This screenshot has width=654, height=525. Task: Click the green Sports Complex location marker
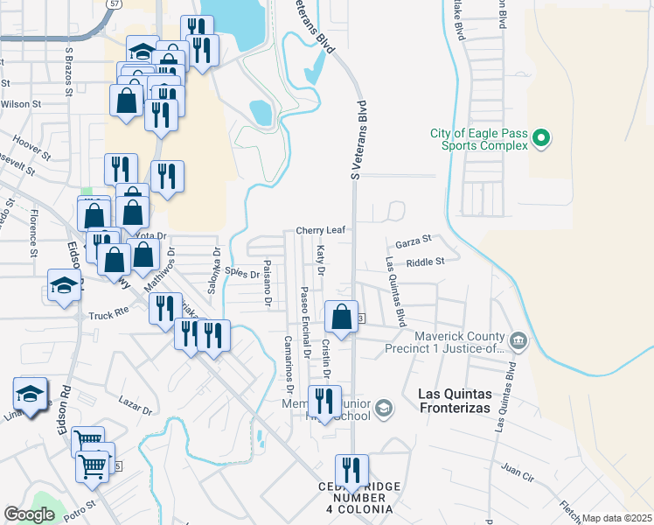(540, 137)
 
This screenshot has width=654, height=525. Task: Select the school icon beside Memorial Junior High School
(383, 408)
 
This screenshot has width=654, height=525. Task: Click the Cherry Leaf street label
(320, 230)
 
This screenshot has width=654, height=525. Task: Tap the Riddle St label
(426, 261)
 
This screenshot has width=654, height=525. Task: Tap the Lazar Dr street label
(136, 405)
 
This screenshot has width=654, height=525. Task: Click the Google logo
(29, 514)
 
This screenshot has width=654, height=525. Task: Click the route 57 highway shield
(116, 3)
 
